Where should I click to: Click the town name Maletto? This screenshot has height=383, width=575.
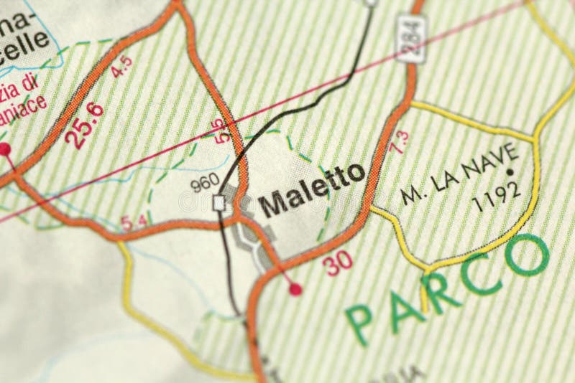311,191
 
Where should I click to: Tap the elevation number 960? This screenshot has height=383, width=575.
204,184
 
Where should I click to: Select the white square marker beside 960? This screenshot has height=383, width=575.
219,204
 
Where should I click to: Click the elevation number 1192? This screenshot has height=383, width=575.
497,194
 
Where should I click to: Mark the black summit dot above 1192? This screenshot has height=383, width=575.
510,171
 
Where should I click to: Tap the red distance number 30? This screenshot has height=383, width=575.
337,263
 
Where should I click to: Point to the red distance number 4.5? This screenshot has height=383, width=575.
122,66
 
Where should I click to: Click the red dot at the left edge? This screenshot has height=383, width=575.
4,149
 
